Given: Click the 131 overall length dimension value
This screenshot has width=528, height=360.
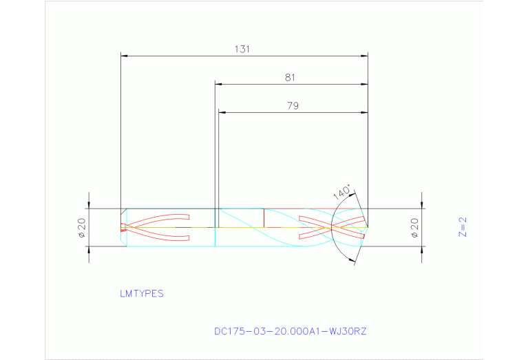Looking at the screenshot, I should (x=242, y=49).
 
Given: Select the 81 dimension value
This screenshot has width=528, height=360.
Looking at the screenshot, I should (x=290, y=78).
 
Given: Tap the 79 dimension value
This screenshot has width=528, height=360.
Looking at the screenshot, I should (x=293, y=106).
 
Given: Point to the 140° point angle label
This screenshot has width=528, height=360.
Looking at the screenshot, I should (x=342, y=192).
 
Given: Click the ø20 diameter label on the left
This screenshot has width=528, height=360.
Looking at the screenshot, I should (x=81, y=228).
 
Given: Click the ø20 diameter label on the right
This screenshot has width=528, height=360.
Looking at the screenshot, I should (x=414, y=228).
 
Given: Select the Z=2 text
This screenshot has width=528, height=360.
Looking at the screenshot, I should (x=463, y=227).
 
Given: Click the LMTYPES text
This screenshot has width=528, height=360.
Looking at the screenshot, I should (x=142, y=293).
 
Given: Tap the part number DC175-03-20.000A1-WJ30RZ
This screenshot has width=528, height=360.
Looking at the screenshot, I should (x=291, y=331).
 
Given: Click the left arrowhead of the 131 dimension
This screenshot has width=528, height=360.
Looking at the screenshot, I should (x=123, y=56).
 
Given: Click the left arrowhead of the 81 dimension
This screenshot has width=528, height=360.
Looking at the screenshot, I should (x=218, y=85).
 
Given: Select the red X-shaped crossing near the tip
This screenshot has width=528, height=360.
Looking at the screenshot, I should (x=332, y=226).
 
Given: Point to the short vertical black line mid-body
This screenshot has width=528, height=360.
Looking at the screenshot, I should (x=264, y=217).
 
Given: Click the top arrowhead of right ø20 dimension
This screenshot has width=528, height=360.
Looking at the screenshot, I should (x=421, y=205).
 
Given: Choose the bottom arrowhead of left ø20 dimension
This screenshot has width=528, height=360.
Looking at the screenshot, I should (x=89, y=249).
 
